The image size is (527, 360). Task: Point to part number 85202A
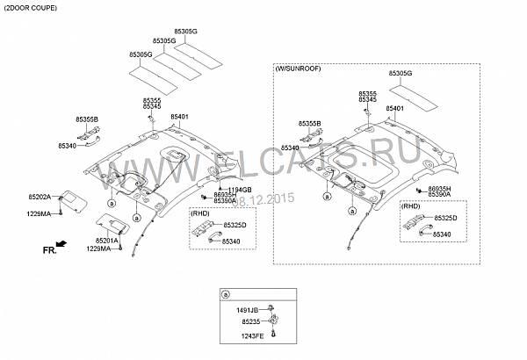click(40, 198)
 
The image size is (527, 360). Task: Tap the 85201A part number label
click(107, 241)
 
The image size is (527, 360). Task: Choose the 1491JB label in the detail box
click(248, 310)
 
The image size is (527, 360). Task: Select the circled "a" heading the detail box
click(226, 294)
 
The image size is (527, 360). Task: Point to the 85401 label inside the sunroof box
click(394, 109)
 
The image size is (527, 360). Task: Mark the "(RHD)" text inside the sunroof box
click(411, 208)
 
